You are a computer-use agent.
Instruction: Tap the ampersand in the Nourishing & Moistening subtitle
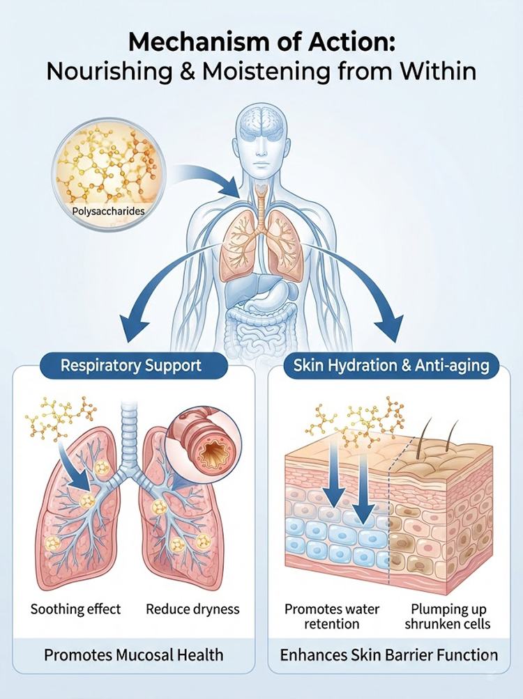(x=187, y=70)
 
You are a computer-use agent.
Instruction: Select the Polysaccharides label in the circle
(x=109, y=210)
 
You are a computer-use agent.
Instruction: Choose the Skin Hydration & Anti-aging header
(x=391, y=366)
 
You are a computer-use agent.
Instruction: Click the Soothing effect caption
(x=75, y=609)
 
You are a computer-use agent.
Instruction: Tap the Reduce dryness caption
(x=192, y=609)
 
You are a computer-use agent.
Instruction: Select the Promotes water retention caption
(x=332, y=616)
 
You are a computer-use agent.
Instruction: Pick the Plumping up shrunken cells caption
(x=448, y=616)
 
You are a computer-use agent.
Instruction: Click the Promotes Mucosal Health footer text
(x=134, y=655)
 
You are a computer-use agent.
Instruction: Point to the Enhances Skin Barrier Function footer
(x=388, y=655)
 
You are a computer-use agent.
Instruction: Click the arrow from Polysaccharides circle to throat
(x=210, y=175)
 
